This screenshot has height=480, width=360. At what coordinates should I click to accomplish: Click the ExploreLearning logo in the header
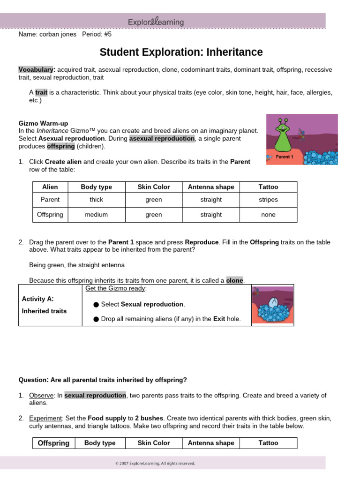(156, 22)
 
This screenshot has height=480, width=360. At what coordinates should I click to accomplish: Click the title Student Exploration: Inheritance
(181, 52)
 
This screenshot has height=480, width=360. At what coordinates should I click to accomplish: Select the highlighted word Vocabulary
(37, 69)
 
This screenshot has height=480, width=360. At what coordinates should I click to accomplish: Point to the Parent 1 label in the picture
(284, 157)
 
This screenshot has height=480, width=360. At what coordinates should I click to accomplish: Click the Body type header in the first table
(96, 187)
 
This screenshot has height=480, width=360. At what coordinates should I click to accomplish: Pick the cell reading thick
(96, 200)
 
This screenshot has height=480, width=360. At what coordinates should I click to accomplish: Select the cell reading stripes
(268, 200)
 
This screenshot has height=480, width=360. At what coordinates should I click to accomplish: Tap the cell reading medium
(96, 215)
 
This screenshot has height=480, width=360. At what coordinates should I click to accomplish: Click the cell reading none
(268, 215)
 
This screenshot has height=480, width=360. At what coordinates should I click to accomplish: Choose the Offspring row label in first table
(50, 215)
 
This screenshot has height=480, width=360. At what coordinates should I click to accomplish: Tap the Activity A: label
(38, 299)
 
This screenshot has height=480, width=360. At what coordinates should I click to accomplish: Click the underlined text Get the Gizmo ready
(116, 288)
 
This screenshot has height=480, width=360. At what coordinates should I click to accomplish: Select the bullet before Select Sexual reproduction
(96, 305)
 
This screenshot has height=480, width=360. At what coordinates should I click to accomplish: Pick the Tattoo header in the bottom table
(268, 443)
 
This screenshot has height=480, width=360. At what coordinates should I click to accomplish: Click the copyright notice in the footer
(155, 463)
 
